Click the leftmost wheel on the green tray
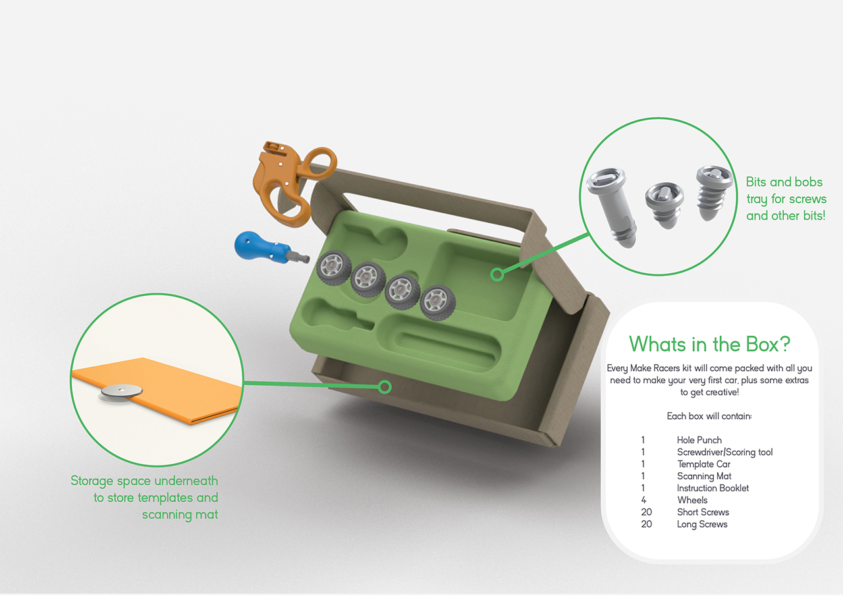[334, 267]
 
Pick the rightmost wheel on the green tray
[438, 302]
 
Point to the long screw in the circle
[612, 207]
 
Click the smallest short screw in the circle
[665, 205]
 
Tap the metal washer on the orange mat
[122, 392]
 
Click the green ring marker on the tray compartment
[497, 275]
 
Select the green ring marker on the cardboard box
[385, 387]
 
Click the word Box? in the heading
[768, 344]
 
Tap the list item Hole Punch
[699, 440]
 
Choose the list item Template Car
[704, 464]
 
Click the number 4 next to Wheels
[643, 500]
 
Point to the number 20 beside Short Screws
[647, 512]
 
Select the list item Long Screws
[702, 524]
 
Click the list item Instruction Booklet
[713, 488]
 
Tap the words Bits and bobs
[784, 182]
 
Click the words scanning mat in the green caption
[180, 515]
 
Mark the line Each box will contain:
[709, 416]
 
